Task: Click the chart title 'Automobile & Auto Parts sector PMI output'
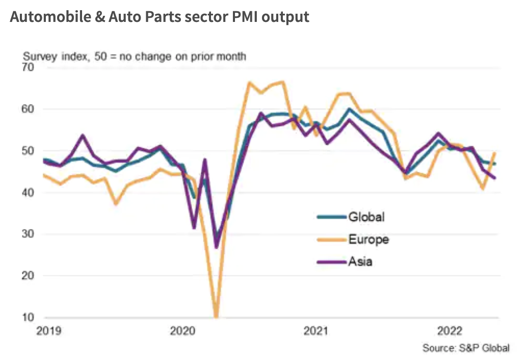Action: (x=160, y=17)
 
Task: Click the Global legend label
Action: (x=366, y=217)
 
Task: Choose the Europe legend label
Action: (x=368, y=239)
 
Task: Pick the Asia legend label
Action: (x=360, y=262)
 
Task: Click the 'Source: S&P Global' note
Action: (x=465, y=348)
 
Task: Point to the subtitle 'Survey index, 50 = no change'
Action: (x=134, y=56)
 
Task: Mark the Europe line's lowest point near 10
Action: (x=217, y=316)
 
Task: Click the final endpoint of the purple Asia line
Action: (x=495, y=178)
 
